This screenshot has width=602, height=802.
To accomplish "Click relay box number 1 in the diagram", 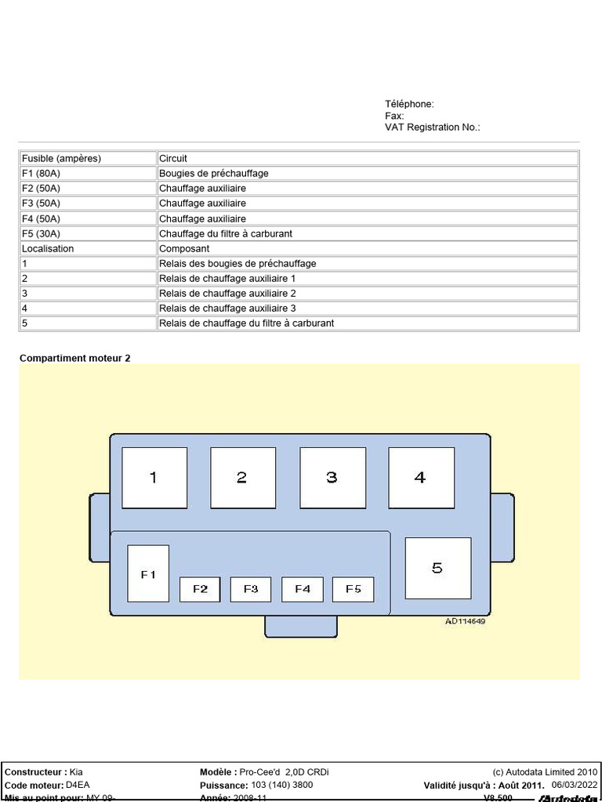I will click(154, 477).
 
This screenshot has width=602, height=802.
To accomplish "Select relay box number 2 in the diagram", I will click(243, 477).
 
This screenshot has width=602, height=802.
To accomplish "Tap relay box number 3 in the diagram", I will click(332, 477).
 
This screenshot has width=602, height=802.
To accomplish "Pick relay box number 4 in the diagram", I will click(421, 477).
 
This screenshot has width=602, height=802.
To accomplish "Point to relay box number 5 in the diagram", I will click(437, 568).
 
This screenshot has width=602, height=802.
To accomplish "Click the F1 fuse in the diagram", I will click(148, 573).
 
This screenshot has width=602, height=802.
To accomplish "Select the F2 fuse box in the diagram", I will click(200, 589).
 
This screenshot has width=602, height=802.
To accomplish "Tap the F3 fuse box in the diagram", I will click(251, 589).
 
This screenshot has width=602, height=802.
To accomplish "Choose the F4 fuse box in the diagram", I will click(303, 589).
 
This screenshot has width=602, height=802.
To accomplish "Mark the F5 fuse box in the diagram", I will click(353, 589).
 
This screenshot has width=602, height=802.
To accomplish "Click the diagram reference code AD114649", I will click(465, 621).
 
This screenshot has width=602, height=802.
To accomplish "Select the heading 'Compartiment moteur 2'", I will click(75, 358).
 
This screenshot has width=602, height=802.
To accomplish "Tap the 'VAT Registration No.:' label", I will click(432, 127).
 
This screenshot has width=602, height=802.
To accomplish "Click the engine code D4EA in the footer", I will click(78, 785).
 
